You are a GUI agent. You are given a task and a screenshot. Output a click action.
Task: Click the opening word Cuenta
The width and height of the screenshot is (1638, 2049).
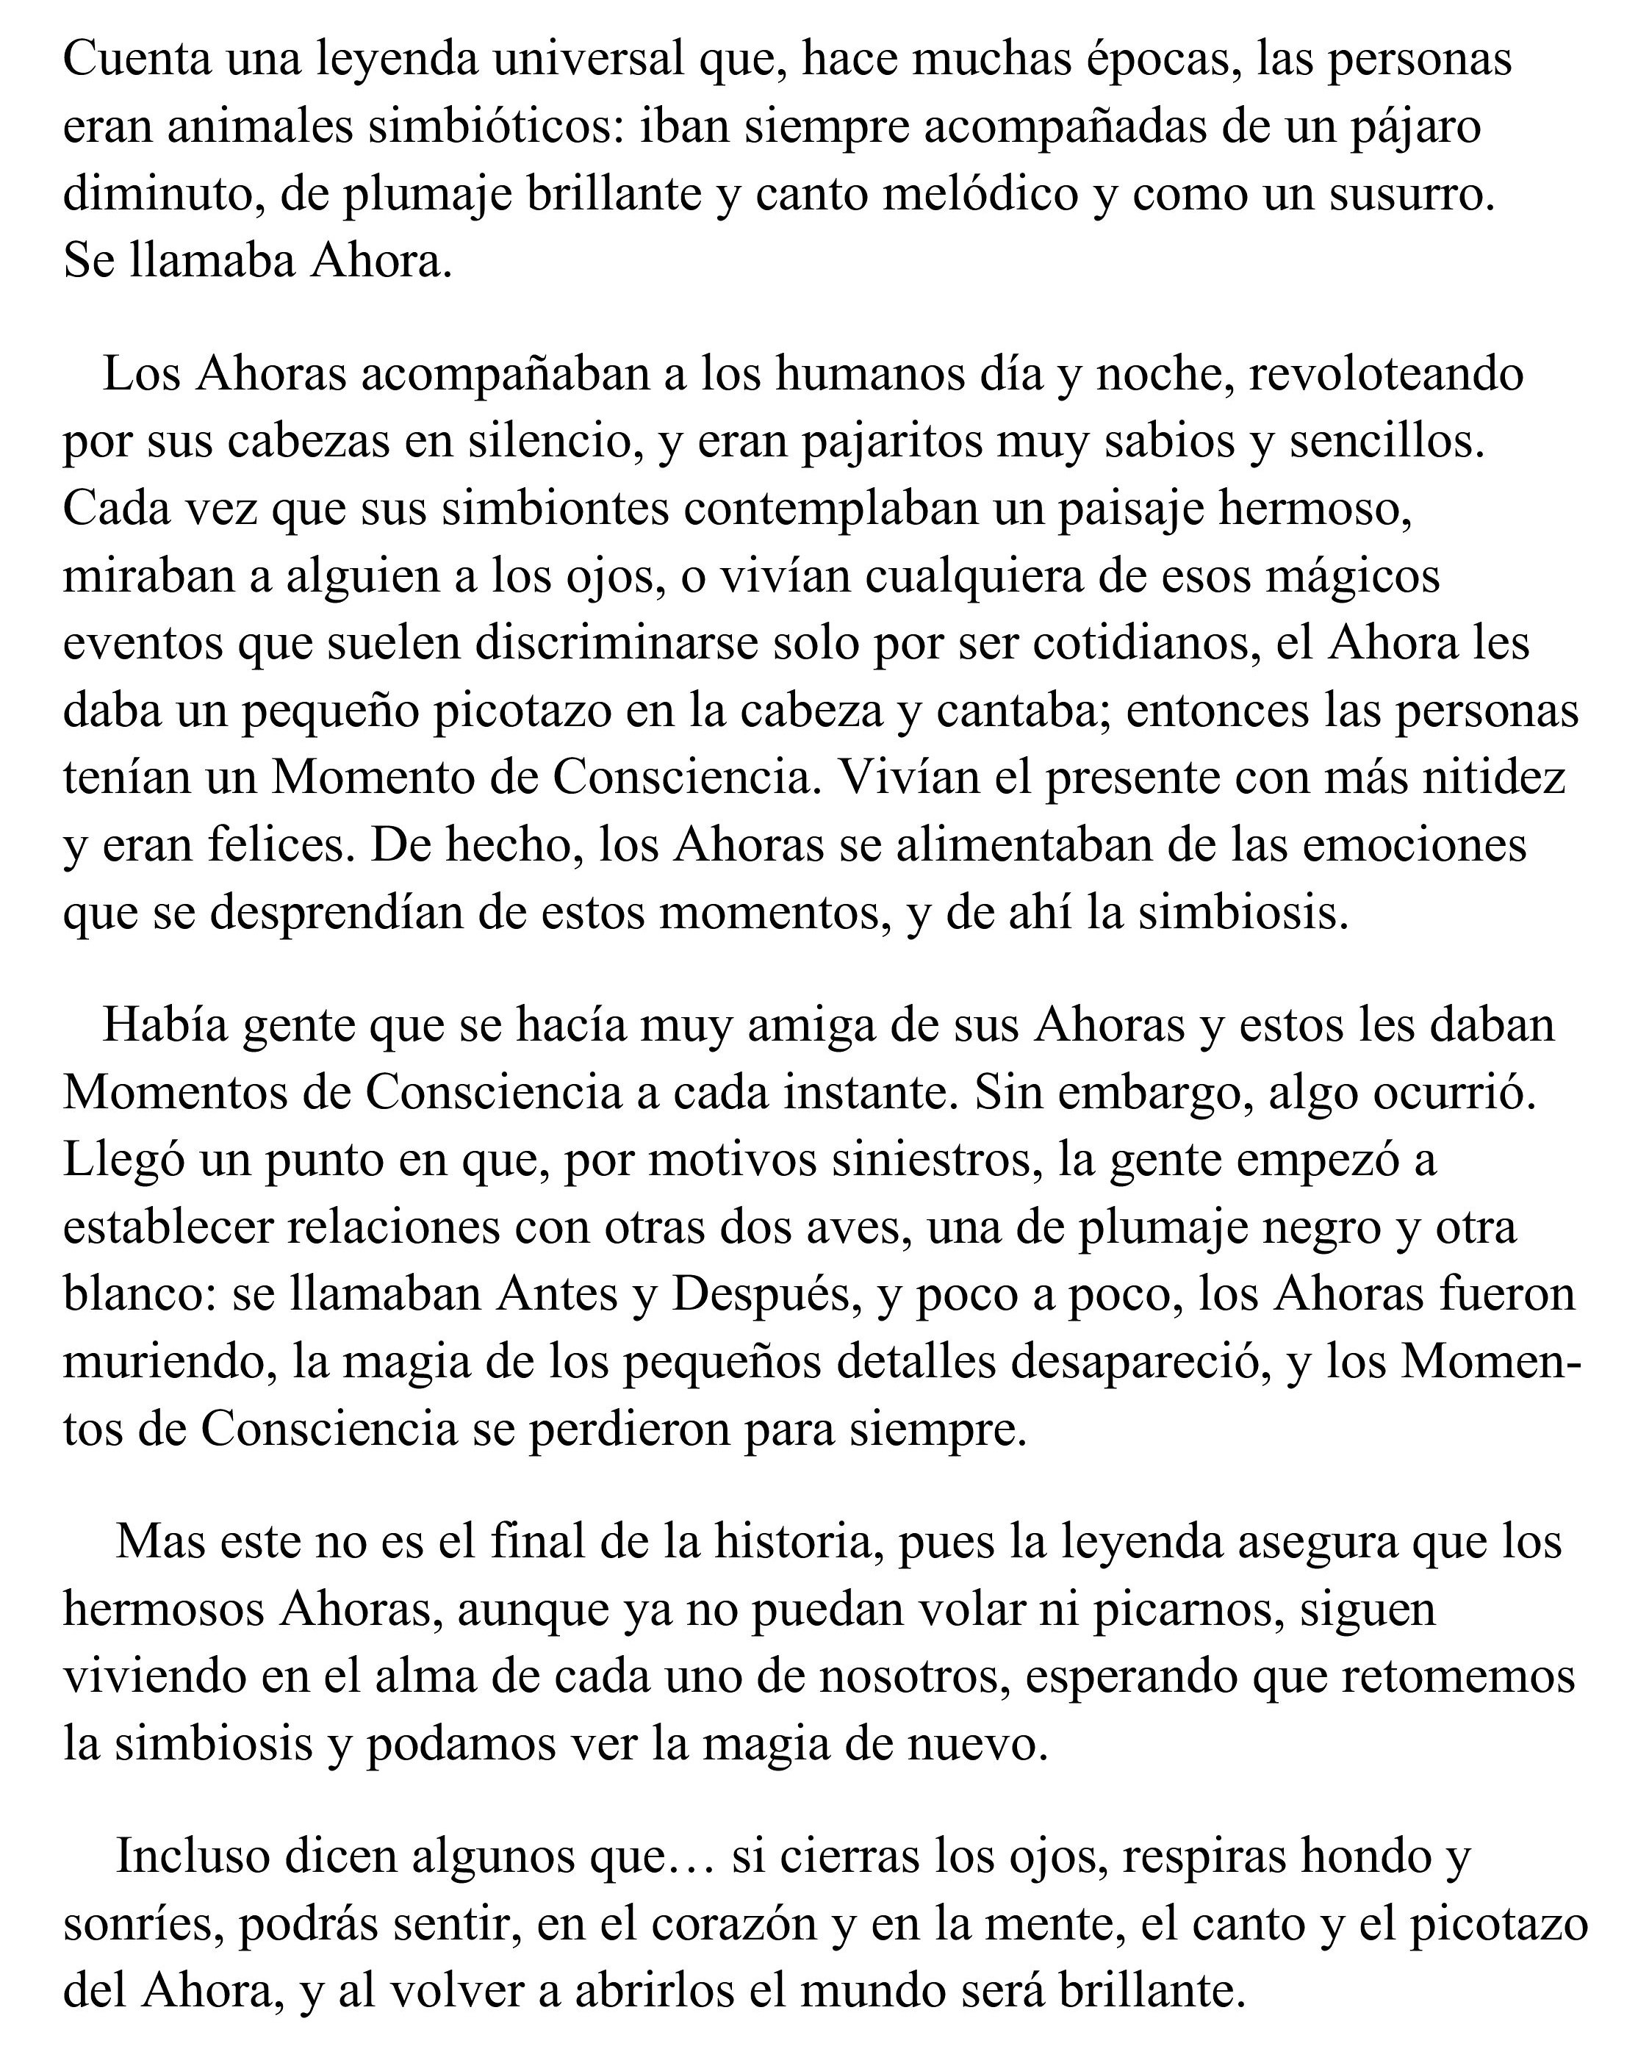[x=137, y=59]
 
